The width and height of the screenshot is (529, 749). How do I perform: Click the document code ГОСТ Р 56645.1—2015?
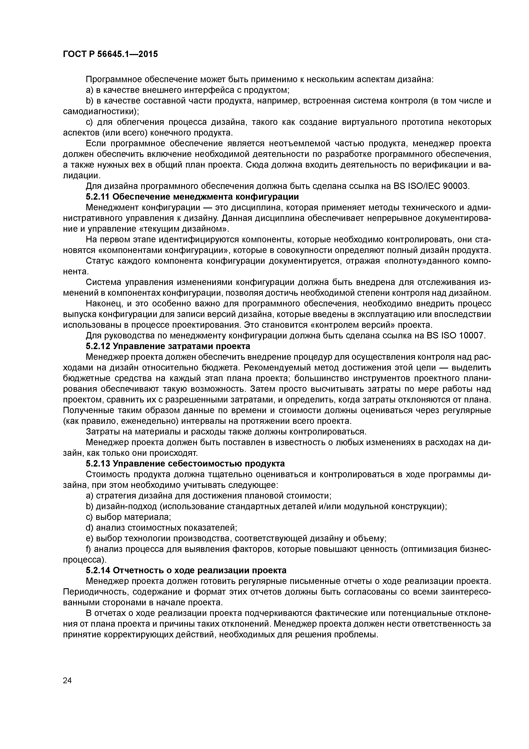click(110, 54)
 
